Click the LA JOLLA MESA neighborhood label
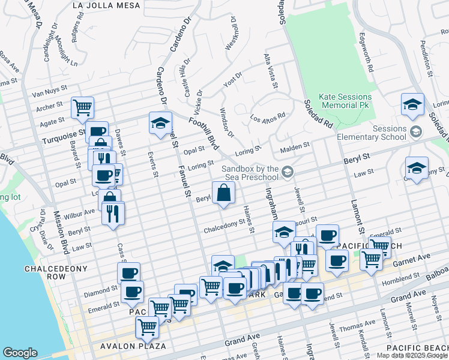106,5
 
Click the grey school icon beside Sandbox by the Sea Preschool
288,173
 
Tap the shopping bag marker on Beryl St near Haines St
223,193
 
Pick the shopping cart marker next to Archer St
83,108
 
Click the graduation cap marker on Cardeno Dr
160,123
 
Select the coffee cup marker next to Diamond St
128,274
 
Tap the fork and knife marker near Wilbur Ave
113,213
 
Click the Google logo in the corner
20,352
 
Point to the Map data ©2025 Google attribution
411,355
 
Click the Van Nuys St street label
47,93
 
